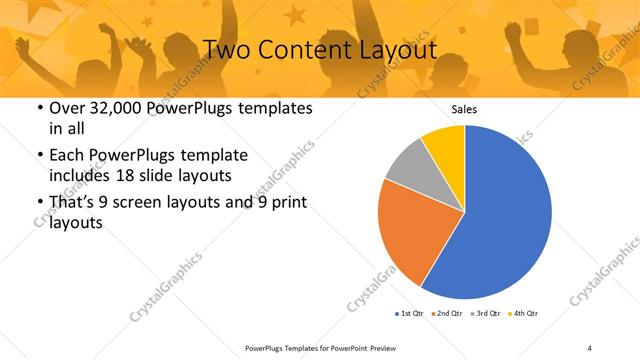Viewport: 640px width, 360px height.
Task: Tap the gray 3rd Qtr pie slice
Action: click(x=406, y=164)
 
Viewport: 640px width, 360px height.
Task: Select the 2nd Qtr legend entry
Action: click(x=446, y=314)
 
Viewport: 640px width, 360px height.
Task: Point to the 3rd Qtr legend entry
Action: click(x=485, y=314)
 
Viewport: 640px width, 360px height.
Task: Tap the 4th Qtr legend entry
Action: click(x=523, y=314)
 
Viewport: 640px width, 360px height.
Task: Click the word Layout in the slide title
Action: click(x=396, y=49)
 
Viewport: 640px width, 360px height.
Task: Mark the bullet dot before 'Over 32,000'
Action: click(x=38, y=108)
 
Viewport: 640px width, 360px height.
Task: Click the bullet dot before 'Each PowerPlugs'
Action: click(x=38, y=155)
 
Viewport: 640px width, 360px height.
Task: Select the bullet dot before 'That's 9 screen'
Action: click(x=38, y=203)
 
